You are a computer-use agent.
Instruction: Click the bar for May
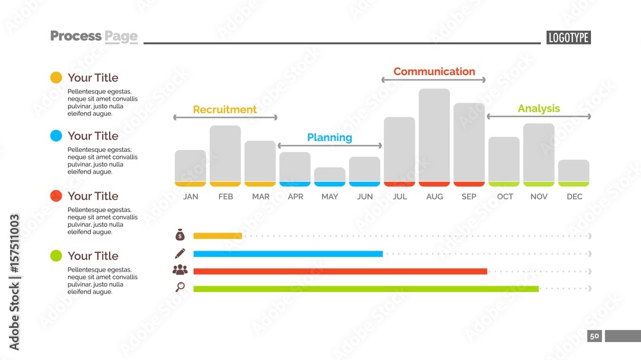[329, 176]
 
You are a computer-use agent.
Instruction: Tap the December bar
[574, 172]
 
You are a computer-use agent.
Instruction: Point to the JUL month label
[399, 197]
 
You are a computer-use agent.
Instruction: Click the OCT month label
[505, 197]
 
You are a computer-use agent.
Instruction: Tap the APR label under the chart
[296, 197]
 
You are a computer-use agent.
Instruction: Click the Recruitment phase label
[225, 110]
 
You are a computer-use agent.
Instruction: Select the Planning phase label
[329, 138]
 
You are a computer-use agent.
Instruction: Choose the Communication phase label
[434, 72]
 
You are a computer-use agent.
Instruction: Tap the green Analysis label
[538, 109]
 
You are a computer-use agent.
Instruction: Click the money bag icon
[180, 236]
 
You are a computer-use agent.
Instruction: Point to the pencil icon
[180, 253]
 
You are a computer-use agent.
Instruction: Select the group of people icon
[180, 270]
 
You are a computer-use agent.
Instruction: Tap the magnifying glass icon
[180, 288]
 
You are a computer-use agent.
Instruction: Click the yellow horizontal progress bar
[218, 236]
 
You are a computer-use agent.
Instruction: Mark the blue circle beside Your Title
[56, 136]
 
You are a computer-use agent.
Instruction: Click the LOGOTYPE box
[569, 38]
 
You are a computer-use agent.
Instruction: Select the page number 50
[594, 336]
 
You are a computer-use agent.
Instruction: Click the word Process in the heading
[76, 36]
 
